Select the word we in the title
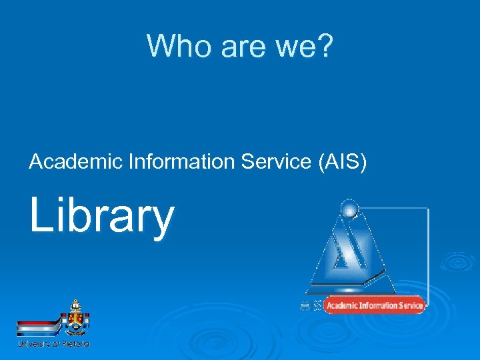(291, 46)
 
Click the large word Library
(101, 217)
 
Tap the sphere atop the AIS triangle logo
(349, 209)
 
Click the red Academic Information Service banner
(375, 305)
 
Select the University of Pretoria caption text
(53, 344)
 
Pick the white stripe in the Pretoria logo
(39, 329)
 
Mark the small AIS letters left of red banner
(311, 306)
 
